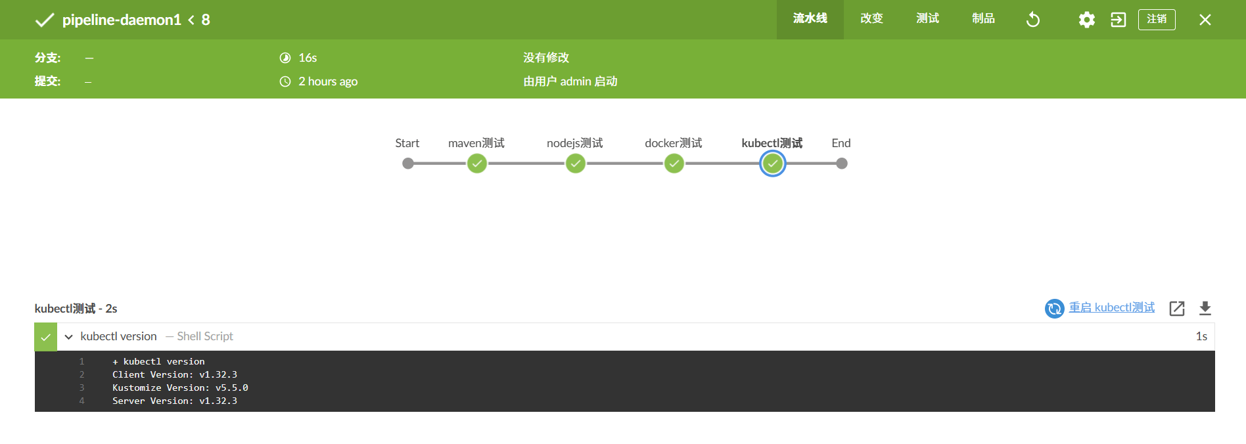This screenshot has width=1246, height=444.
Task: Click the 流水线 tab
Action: pyautogui.click(x=810, y=19)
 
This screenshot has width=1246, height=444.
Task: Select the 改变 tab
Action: pyautogui.click(x=871, y=19)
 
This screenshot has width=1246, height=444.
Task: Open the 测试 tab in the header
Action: pyautogui.click(x=927, y=19)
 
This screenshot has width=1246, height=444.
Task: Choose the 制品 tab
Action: pyautogui.click(x=983, y=19)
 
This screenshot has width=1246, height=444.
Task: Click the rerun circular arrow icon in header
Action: pyautogui.click(x=1033, y=20)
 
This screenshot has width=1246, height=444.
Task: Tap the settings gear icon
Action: pyautogui.click(x=1087, y=20)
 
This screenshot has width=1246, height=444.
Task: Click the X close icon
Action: pyautogui.click(x=1205, y=20)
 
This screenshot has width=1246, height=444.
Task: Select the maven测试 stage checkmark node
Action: pyautogui.click(x=477, y=164)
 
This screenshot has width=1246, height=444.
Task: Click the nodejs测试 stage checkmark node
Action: pyautogui.click(x=576, y=164)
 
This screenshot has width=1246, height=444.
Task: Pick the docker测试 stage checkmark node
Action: pyautogui.click(x=674, y=164)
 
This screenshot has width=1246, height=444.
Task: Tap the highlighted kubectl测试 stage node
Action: pyautogui.click(x=773, y=164)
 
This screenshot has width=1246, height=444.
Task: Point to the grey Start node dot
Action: pyautogui.click(x=408, y=164)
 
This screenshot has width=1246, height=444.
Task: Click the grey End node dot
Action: pyautogui.click(x=842, y=164)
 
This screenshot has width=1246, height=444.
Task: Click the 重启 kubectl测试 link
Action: pyautogui.click(x=1111, y=307)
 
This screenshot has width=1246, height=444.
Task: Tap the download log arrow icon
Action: pyautogui.click(x=1205, y=308)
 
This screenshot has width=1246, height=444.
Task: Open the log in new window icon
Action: pyautogui.click(x=1177, y=308)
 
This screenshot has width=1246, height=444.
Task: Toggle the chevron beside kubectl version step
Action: pyautogui.click(x=68, y=337)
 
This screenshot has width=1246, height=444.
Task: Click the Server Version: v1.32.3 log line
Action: pyautogui.click(x=175, y=401)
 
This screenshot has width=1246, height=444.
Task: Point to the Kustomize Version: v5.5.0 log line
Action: pyautogui.click(x=180, y=388)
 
